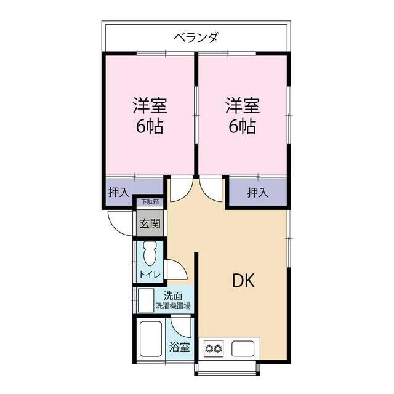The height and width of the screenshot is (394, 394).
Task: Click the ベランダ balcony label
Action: tap(196, 38)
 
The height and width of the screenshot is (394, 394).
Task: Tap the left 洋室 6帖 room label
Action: tap(150, 115)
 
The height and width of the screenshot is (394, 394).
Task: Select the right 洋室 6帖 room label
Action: tap(243, 115)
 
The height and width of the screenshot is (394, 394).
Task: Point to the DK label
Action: tap(243, 281)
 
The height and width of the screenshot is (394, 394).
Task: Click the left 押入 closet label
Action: tap(119, 193)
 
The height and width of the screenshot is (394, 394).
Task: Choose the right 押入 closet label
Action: tap(258, 193)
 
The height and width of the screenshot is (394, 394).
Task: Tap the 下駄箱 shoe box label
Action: tap(150, 202)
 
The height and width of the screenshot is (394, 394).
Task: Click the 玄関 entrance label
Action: tap(150, 223)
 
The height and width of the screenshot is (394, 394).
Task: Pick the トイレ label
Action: tap(150, 275)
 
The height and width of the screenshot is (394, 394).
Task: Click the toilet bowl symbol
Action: tap(150, 253)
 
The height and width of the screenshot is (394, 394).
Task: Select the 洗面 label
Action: tap(173, 296)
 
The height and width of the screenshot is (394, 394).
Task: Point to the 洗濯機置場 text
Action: tap(173, 306)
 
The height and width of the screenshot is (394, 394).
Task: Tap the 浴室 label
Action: tap(179, 347)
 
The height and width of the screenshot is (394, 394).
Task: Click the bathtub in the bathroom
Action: tap(150, 339)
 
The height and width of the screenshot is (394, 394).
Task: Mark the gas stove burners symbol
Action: tap(214, 348)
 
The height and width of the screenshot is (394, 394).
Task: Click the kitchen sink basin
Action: tap(243, 348)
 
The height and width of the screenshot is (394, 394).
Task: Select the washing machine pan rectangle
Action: tap(146, 300)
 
